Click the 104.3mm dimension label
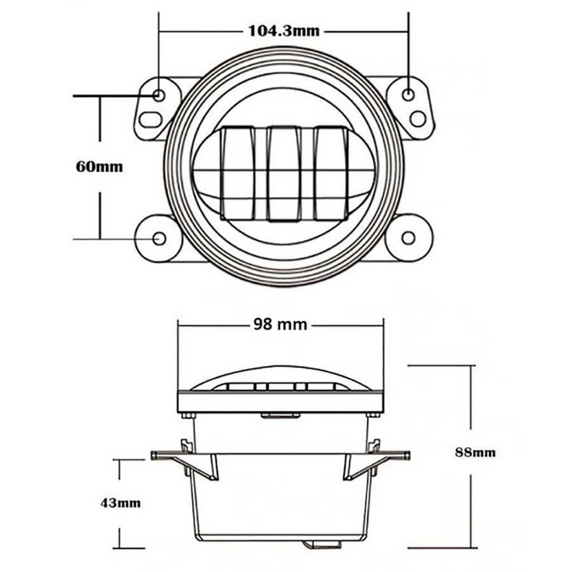pyautogui.click(x=284, y=31)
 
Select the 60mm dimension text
pyautogui.click(x=99, y=167)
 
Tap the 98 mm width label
pyautogui.click(x=280, y=325)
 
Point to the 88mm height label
pyautogui.click(x=475, y=452)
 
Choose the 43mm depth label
pyautogui.click(x=121, y=503)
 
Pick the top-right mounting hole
pyautogui.click(x=408, y=94)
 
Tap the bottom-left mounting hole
pyautogui.click(x=159, y=238)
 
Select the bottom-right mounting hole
pyautogui.click(x=408, y=238)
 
